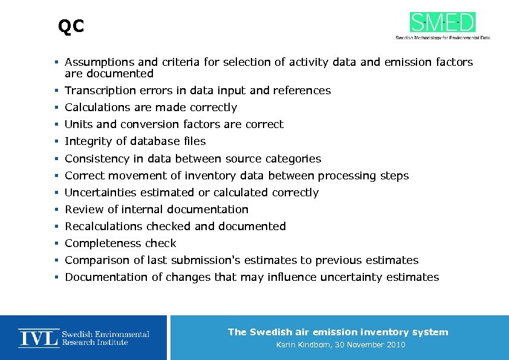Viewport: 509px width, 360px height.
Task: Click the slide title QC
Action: (x=71, y=27)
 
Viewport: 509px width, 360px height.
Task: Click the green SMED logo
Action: (x=443, y=22)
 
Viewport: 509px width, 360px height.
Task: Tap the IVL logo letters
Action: (x=38, y=338)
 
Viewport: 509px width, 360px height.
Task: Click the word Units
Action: (x=79, y=124)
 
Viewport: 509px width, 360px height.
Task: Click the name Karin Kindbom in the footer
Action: (x=303, y=345)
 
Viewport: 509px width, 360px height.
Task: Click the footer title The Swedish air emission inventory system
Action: (x=338, y=332)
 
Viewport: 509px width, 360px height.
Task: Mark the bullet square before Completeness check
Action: (x=55, y=244)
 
